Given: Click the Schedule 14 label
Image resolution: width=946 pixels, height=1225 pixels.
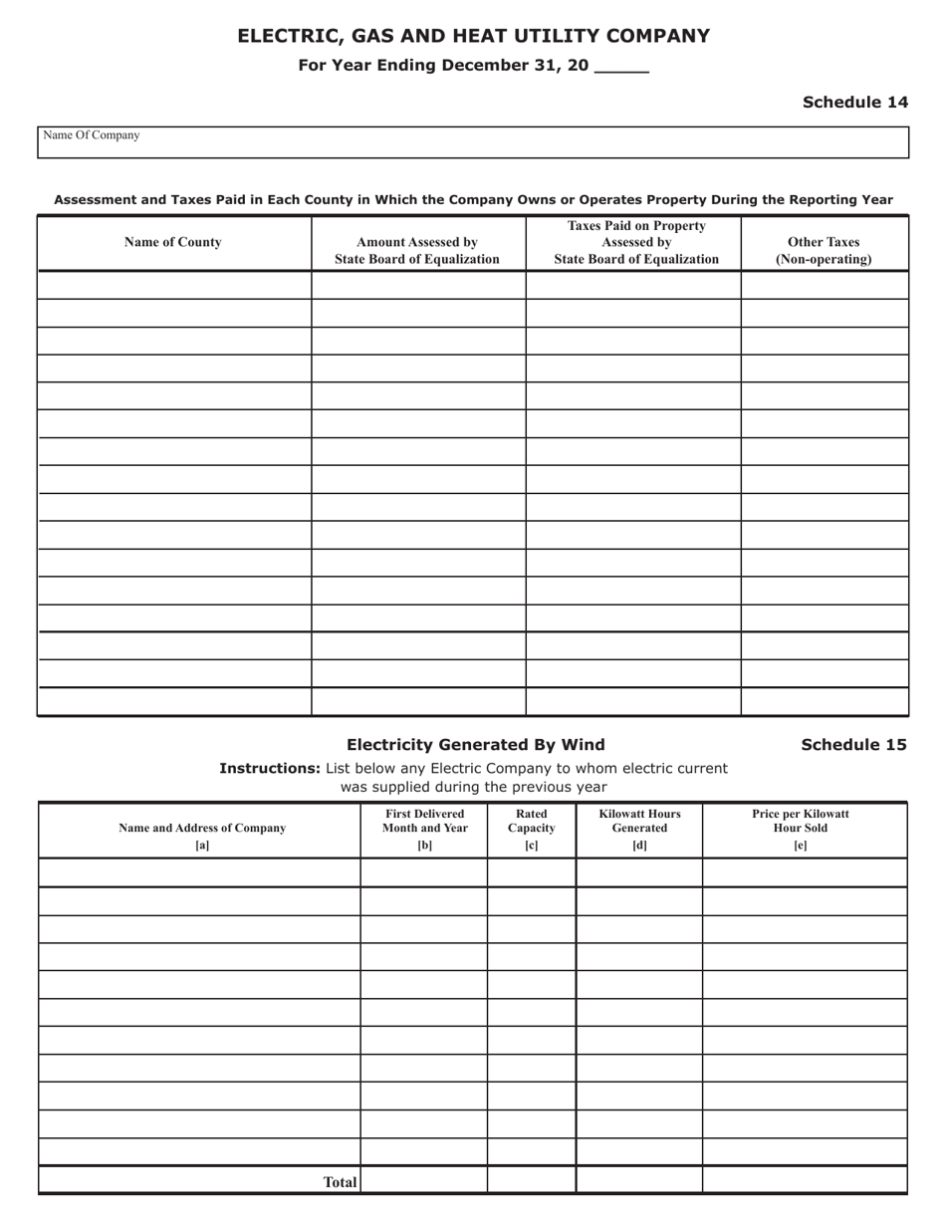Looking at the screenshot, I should click(854, 102).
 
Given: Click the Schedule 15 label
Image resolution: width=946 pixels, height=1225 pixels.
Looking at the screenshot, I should click(853, 744).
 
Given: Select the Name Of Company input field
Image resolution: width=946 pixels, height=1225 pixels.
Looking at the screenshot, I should click(473, 142).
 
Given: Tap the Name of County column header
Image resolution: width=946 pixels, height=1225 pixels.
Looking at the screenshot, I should click(173, 242).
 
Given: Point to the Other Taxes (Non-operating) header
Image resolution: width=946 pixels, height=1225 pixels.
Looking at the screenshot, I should click(824, 251).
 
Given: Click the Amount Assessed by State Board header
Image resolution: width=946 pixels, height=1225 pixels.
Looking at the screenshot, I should click(417, 251).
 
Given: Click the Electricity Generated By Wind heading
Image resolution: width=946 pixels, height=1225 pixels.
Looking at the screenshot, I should click(475, 744).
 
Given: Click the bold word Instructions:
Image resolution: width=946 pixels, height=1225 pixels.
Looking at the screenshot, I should click(270, 768).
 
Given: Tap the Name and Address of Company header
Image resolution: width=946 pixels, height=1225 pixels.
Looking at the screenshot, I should click(202, 828).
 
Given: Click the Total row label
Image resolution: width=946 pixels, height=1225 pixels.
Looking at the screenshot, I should click(340, 1182).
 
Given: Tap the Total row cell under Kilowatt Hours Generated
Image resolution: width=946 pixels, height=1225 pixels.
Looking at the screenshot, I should click(639, 1181).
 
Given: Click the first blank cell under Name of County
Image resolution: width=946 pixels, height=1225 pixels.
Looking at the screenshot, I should click(174, 285).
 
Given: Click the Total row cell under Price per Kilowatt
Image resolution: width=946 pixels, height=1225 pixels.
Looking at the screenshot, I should click(805, 1181).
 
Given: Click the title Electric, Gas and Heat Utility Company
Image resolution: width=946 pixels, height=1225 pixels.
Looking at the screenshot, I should click(473, 37).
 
